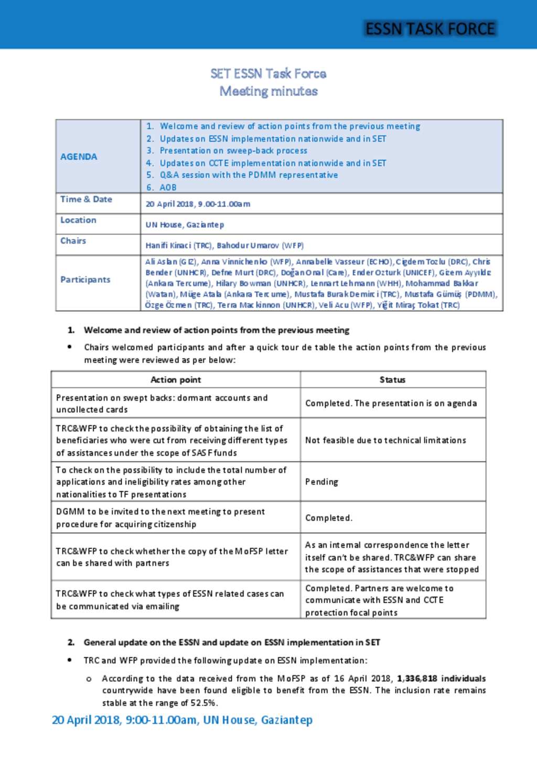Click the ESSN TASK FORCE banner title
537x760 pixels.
(430, 28)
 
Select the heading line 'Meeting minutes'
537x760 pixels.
(268, 91)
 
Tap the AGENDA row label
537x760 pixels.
(79, 157)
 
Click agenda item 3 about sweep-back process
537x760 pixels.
(233, 151)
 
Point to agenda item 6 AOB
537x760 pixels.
(168, 187)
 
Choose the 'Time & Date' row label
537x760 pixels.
(86, 199)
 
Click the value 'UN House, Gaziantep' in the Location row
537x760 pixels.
(185, 224)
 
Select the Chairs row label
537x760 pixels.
(73, 241)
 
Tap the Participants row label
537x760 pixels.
(85, 280)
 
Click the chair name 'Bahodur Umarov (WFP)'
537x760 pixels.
(260, 245)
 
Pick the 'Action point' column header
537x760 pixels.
(176, 380)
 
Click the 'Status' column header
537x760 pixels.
(392, 380)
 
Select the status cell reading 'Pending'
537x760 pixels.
(321, 481)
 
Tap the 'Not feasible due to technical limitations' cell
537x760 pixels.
(385, 440)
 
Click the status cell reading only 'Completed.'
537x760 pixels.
(329, 518)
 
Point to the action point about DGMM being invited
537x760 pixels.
(160, 518)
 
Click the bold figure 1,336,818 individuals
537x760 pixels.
(441, 678)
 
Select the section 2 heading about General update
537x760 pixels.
(232, 642)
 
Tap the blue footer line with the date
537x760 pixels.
(182, 720)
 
